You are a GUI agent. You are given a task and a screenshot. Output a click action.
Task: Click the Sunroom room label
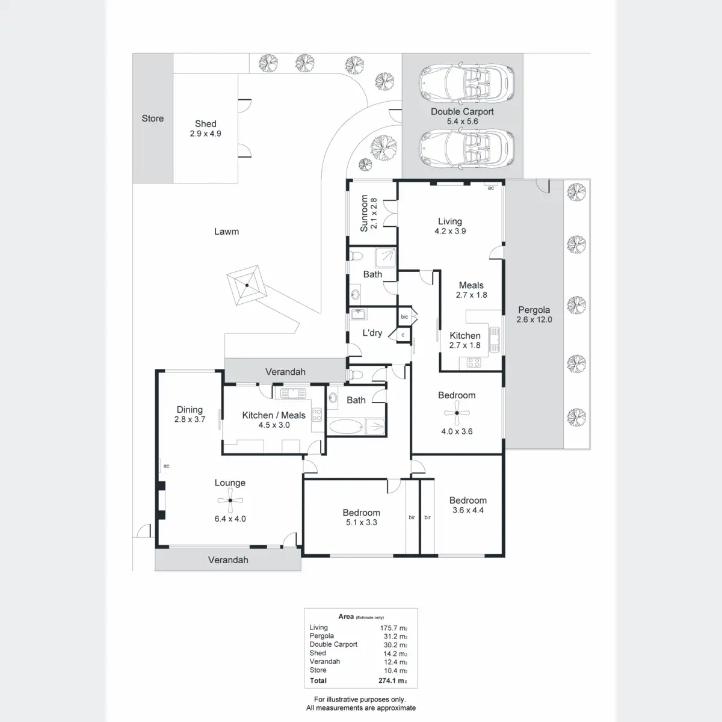coord(364,213)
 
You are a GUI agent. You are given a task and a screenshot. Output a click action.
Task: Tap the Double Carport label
coord(462,111)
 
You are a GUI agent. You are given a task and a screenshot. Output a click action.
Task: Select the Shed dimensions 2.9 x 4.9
coord(206,134)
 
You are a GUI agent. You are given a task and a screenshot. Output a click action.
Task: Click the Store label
coord(153,119)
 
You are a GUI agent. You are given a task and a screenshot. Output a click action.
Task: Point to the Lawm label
coord(227,231)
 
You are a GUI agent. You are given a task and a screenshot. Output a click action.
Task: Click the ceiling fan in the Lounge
coord(230,501)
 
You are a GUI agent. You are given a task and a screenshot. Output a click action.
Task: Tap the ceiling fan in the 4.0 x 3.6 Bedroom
coord(457,413)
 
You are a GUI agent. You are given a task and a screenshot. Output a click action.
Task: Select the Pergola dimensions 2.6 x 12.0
coord(534,319)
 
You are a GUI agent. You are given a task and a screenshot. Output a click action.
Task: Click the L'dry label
coord(372,333)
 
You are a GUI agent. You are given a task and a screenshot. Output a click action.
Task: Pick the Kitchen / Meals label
coord(274,415)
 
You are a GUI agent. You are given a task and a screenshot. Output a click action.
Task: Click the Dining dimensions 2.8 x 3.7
coord(190,419)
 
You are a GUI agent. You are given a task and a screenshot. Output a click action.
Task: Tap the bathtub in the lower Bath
coord(344,427)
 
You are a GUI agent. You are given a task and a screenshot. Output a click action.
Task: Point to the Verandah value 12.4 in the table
coord(395,662)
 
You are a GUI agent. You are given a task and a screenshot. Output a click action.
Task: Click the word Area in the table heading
coord(346,616)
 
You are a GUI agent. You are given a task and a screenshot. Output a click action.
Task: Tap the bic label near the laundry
coord(404,316)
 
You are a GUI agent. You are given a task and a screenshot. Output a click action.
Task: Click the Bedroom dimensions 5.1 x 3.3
coord(362,522)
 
